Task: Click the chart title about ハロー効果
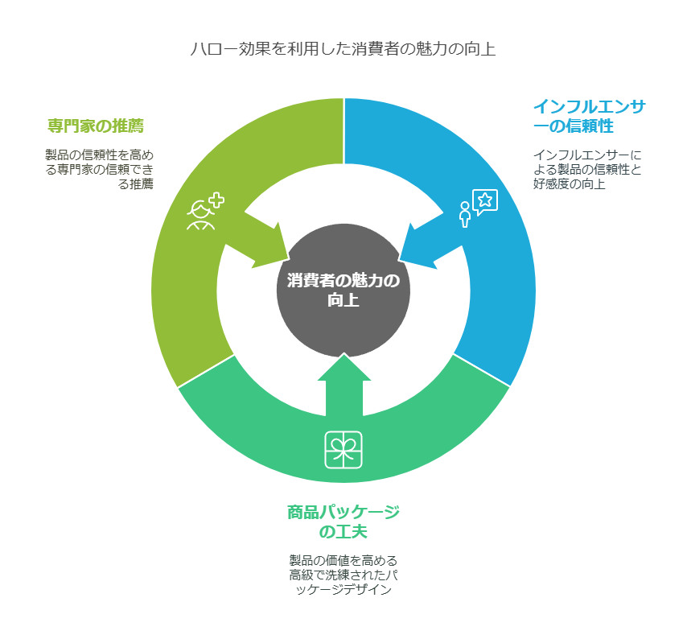[x=343, y=48]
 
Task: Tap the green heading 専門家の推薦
[x=96, y=126]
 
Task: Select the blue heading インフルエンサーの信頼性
[x=589, y=116]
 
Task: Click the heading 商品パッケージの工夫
[x=343, y=522]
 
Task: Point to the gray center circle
[x=343, y=291]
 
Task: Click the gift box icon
[x=343, y=450]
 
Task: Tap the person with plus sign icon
[x=205, y=211]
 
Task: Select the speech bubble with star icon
[x=485, y=202]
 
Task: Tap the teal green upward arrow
[x=344, y=385]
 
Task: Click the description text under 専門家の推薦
[x=100, y=169]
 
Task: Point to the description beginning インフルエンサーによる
[x=587, y=169]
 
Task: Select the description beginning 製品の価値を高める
[x=343, y=575]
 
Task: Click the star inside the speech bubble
[x=485, y=200]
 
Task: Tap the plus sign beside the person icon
[x=216, y=200]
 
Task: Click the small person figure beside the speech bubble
[x=465, y=215]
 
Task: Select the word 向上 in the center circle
[x=343, y=300]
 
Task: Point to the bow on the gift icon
[x=343, y=447]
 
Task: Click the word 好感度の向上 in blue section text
[x=569, y=183]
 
